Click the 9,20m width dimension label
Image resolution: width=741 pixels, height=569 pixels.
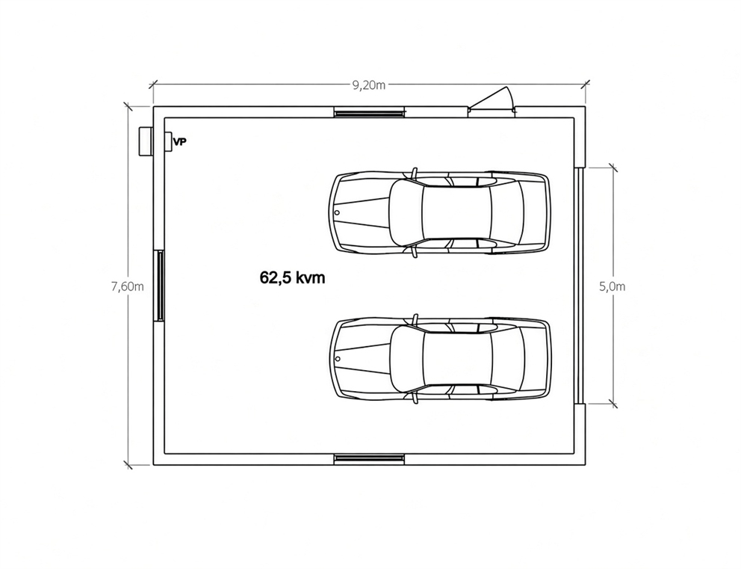tap(368, 85)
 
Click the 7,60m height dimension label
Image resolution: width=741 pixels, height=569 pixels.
tap(128, 286)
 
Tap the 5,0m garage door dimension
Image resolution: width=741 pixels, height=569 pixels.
tap(613, 286)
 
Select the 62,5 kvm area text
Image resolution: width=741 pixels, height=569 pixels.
tap(293, 277)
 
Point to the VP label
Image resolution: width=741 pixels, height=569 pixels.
tap(180, 141)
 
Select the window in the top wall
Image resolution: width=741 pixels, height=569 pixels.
tap(369, 112)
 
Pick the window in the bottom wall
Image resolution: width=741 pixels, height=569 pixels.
tap(369, 458)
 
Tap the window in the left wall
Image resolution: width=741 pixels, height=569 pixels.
tap(160, 286)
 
